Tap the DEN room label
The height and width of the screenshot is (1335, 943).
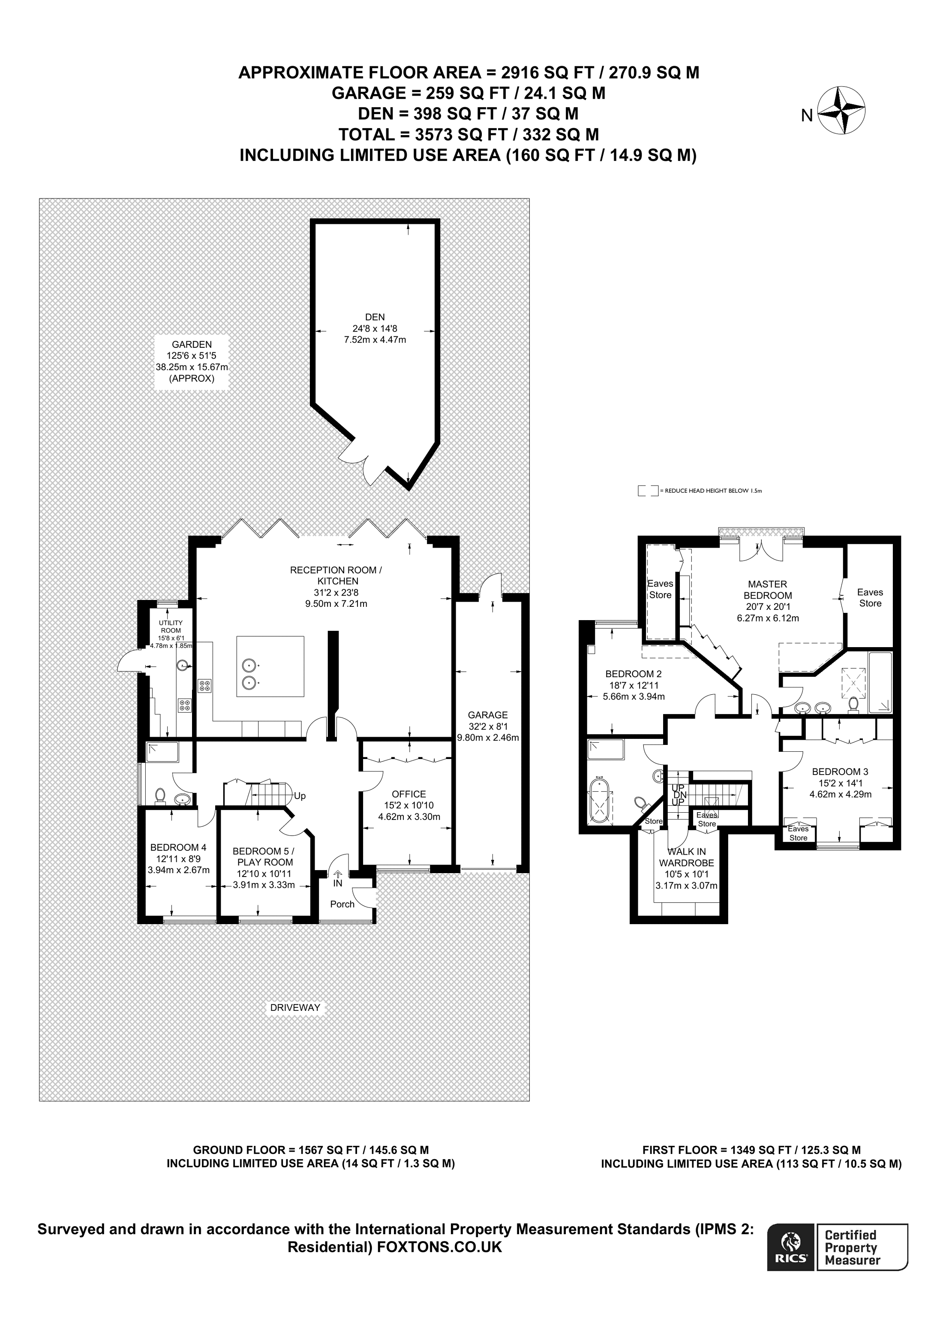375,317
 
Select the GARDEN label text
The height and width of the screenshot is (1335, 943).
191,345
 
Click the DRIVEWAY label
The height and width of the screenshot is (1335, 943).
295,1008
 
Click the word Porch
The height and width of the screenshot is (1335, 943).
342,904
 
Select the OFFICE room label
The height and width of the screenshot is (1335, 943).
408,794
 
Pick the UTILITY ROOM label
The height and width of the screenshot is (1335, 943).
171,627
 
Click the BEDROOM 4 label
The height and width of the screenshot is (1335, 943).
178,848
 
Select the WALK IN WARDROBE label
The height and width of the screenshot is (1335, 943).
686,858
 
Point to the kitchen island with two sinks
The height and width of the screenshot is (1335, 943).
270,666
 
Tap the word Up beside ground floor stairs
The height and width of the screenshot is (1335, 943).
300,796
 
